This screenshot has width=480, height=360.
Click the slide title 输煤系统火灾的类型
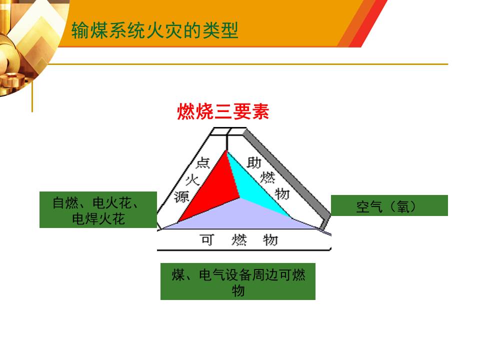pos(155,30)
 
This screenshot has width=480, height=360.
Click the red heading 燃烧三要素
pos(223,111)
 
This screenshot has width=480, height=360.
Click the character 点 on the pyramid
pos(202,163)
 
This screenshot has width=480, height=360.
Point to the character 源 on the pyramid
pos(181,196)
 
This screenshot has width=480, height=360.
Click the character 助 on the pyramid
pos(254,162)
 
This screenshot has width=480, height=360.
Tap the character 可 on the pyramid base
pos(207,239)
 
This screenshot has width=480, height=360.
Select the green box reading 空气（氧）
pos(389,205)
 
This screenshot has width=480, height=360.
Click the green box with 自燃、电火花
pos(98,209)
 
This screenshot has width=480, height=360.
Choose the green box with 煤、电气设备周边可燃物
pos(238,281)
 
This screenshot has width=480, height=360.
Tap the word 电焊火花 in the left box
pos(98,219)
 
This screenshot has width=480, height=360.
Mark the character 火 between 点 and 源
pos(192,180)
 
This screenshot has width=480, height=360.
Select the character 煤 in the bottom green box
pos(178,275)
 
